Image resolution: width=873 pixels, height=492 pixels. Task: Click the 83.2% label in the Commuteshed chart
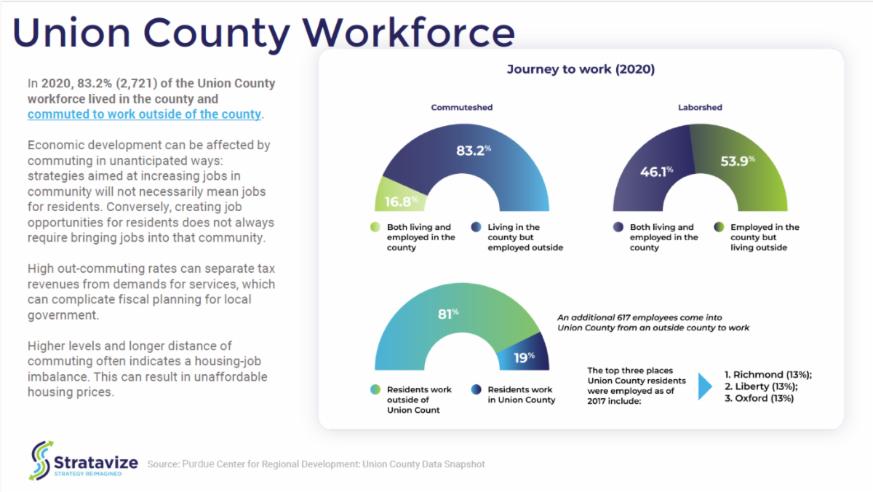474,151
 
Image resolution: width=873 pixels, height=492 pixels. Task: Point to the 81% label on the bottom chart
448,314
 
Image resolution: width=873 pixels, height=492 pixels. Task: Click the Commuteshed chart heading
462,107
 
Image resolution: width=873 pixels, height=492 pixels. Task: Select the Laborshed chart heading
700,107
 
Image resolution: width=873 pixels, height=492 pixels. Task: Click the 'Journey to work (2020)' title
581,69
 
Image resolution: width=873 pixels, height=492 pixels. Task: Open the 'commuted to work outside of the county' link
144,114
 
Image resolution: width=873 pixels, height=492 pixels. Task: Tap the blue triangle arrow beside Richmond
705,386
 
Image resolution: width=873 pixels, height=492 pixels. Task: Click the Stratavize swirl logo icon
41,461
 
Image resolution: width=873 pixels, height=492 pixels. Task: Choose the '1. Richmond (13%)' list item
768,375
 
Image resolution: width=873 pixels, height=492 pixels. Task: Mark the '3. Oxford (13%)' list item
760,398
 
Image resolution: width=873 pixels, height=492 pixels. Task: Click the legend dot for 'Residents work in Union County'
476,389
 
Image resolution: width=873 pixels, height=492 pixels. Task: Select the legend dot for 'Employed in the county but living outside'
719,227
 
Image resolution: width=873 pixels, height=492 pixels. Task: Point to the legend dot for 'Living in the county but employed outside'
476,227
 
